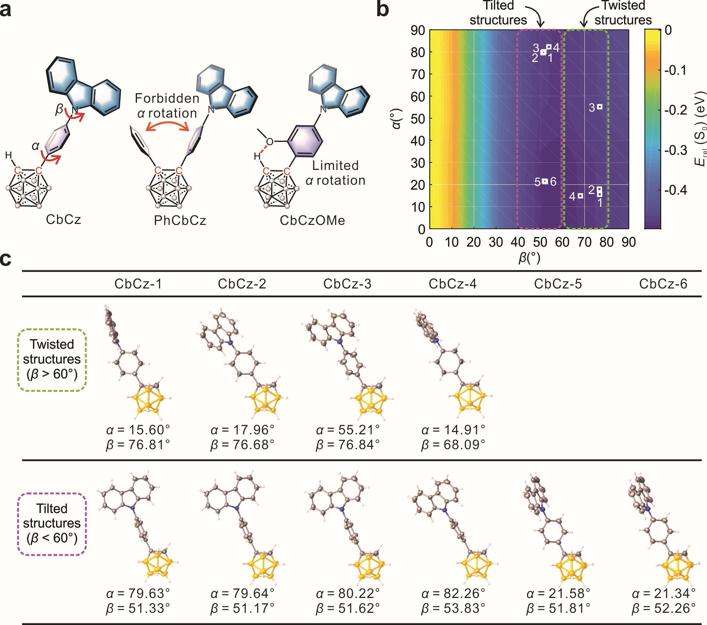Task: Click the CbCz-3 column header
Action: (347, 284)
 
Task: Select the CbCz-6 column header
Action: (663, 284)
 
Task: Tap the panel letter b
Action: (382, 9)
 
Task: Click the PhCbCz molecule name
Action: (180, 220)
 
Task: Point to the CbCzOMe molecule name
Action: (312, 220)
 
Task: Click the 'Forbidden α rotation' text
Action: (167, 106)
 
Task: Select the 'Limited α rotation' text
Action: (335, 173)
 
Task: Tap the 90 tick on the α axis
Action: (418, 30)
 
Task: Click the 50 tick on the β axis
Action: (540, 242)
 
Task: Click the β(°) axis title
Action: (529, 258)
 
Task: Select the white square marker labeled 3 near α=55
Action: (600, 107)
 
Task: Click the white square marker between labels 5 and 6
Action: (545, 181)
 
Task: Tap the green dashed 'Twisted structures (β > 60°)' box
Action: (52, 360)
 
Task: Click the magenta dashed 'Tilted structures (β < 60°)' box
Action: (52, 523)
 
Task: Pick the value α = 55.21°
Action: (348, 430)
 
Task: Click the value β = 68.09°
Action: (453, 445)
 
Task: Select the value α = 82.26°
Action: (453, 593)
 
